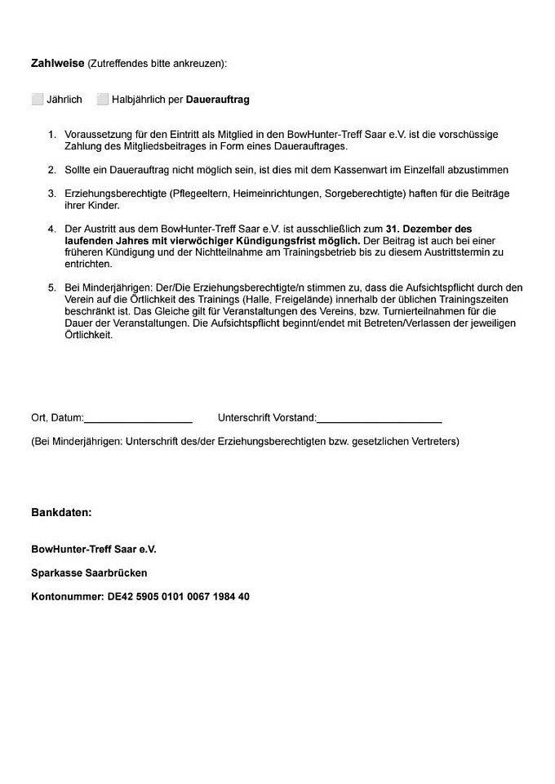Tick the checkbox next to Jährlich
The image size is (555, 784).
pos(38,100)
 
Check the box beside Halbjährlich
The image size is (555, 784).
pos(103,100)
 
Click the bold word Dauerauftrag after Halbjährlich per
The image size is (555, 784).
pos(218,100)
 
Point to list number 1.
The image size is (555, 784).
pos(51,134)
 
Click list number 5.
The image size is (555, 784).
pos(51,287)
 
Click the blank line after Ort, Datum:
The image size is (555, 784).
pos(138,418)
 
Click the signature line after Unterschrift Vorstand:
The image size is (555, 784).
pos(379,418)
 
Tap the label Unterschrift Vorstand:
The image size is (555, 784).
pos(267,418)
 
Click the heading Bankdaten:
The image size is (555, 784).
pos(61,513)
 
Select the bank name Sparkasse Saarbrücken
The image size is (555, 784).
pos(89,573)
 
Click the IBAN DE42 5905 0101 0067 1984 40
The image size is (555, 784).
pos(179,597)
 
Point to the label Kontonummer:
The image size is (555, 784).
pos(68,597)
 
